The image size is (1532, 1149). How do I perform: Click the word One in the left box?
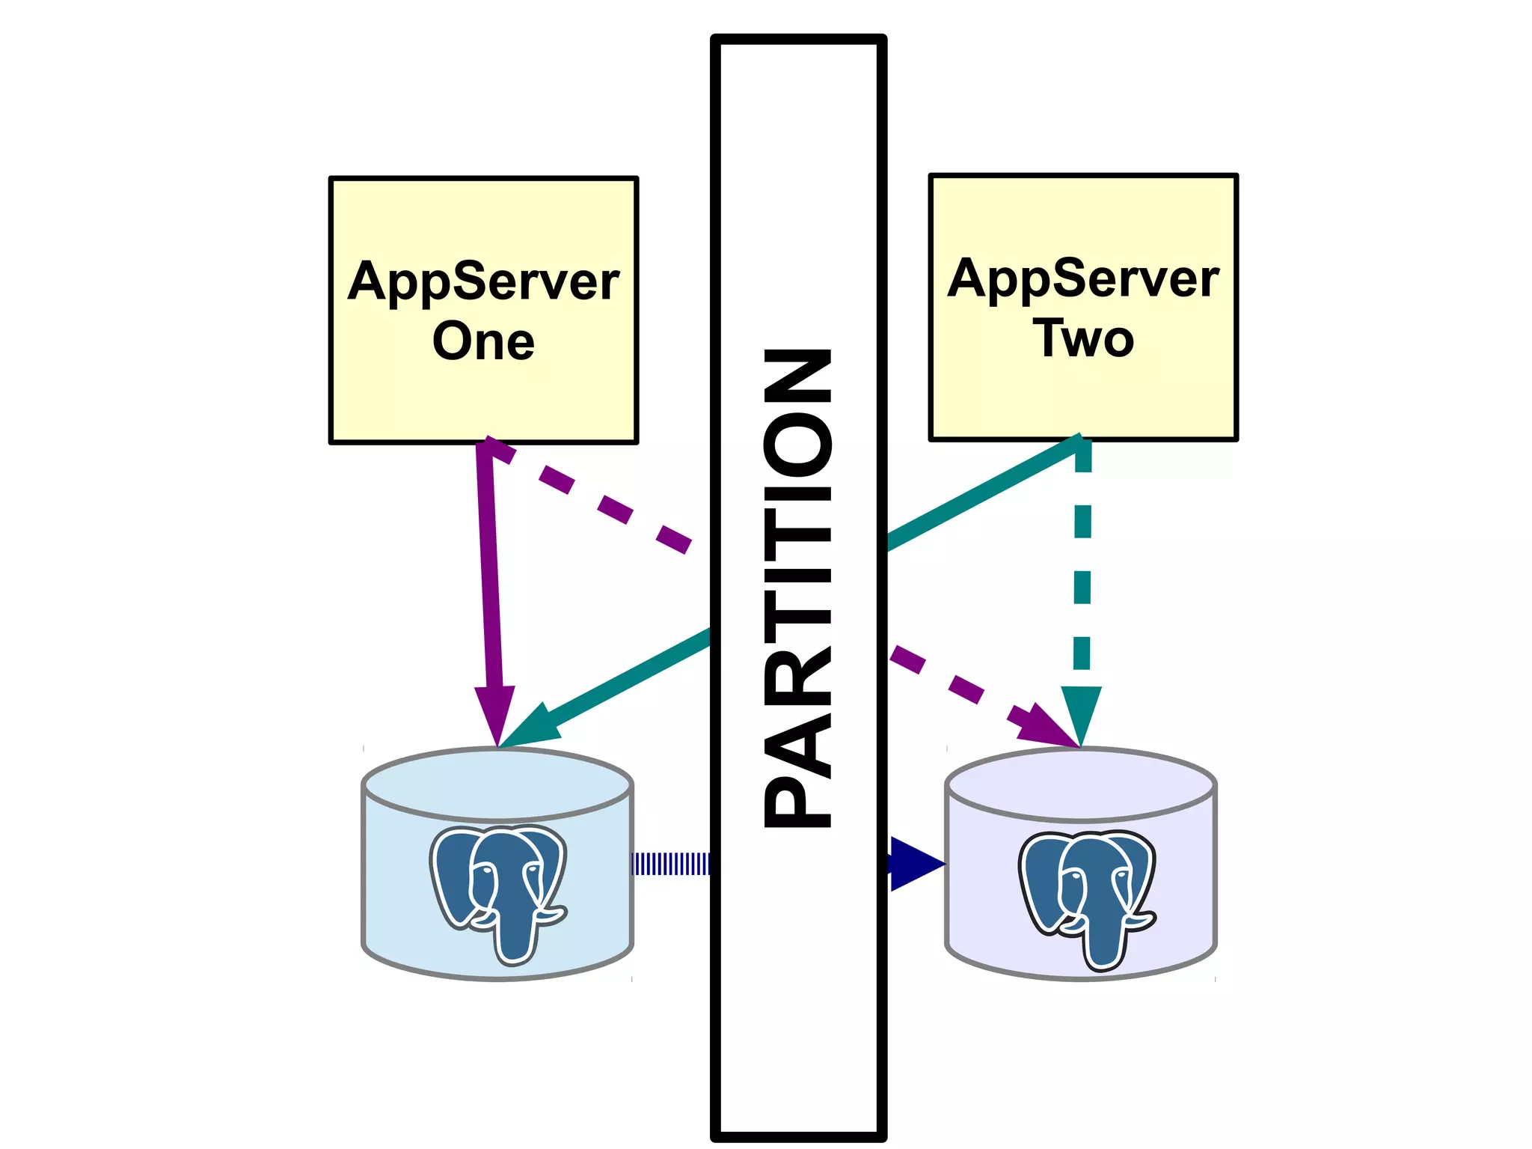click(x=483, y=342)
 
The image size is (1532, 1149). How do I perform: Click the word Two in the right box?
click(x=1083, y=339)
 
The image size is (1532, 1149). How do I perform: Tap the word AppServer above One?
click(x=483, y=282)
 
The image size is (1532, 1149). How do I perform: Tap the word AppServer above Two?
click(x=1083, y=278)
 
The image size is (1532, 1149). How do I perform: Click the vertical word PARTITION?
click(x=797, y=588)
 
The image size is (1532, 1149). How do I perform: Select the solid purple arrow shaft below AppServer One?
click(x=488, y=569)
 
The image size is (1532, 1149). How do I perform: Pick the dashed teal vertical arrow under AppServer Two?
click(x=1082, y=569)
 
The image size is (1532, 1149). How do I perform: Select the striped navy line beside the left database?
click(x=670, y=864)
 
